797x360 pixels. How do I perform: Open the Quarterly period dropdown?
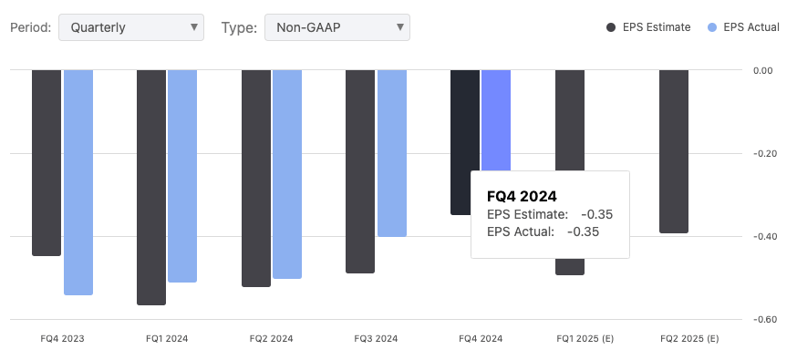pos(130,27)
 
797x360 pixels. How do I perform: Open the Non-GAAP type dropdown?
pos(336,27)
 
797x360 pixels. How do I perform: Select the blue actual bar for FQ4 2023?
pos(78,182)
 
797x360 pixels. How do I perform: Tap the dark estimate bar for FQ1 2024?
pos(151,187)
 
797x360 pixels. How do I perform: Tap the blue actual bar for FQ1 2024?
pos(182,176)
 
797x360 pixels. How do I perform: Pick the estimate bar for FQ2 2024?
pos(256,178)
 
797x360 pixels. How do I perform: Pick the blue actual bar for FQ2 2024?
pos(287,173)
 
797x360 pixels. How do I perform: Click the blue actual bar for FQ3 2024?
pos(392,153)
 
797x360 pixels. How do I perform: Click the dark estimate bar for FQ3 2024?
pos(360,171)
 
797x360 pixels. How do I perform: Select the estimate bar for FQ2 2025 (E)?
pos(674,151)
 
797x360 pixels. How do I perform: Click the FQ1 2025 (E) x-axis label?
pos(585,339)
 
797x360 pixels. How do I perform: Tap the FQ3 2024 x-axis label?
pos(376,339)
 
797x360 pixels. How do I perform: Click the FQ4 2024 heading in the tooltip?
pos(522,196)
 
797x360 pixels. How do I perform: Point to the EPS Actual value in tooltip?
pos(583,231)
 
